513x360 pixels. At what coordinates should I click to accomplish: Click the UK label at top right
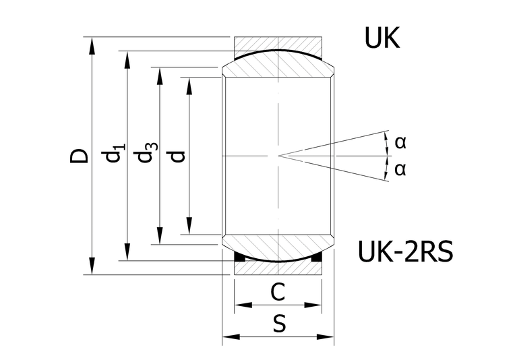pos(382,38)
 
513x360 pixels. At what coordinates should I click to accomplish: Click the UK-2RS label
pos(406,251)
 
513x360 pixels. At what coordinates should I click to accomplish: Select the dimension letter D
pos(80,156)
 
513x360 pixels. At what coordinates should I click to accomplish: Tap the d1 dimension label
pos(113,152)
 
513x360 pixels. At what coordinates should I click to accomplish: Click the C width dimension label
pos(278,292)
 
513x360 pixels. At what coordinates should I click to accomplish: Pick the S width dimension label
pos(279,324)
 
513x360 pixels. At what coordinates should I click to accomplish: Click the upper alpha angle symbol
pos(400,142)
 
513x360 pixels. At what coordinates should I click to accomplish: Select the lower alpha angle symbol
pos(400,169)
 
